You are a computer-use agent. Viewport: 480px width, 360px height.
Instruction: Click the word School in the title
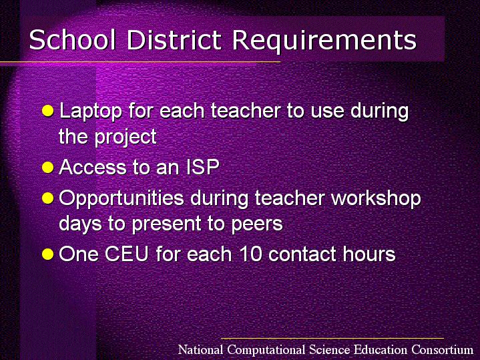[x=73, y=39]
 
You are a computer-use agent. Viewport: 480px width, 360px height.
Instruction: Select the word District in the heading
[x=174, y=39]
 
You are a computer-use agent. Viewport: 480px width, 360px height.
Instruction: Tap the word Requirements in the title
[x=324, y=41]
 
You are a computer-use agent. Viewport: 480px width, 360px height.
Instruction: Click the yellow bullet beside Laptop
[x=48, y=111]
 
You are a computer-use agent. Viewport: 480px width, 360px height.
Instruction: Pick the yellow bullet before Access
[x=48, y=168]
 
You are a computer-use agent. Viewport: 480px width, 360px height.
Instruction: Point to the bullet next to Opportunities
[x=48, y=198]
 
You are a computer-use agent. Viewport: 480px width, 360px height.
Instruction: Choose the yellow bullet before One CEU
[x=48, y=254]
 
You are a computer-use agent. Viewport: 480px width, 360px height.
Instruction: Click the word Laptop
[x=91, y=112]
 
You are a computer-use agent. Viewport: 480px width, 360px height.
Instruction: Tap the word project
[x=126, y=138]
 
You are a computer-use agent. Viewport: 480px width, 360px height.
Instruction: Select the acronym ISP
[x=203, y=167]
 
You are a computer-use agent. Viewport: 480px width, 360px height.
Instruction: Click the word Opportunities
[x=122, y=200]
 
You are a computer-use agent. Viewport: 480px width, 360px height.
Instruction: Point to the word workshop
[x=377, y=199]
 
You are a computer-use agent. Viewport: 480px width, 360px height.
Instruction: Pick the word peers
[x=257, y=225]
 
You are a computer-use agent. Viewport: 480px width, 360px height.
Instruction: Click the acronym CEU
[x=127, y=254]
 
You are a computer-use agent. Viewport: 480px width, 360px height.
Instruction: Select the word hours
[x=369, y=254]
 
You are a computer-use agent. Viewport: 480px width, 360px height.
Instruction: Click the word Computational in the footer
[x=266, y=350]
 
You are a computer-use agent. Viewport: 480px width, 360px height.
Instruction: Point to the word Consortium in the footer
[x=443, y=349]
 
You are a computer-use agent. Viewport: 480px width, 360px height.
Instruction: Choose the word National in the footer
[x=200, y=349]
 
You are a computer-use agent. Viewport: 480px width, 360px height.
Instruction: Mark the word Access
[x=93, y=167]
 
